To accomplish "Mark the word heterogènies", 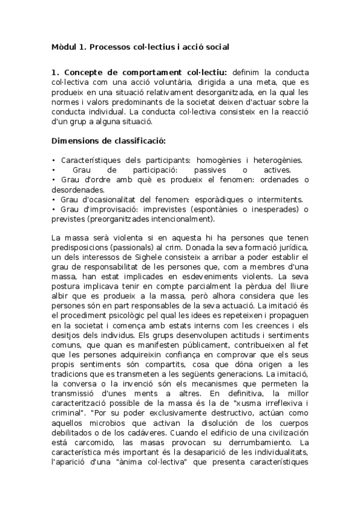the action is pyautogui.click(x=278, y=161).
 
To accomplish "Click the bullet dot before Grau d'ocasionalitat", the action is pyautogui.click(x=54, y=200).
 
